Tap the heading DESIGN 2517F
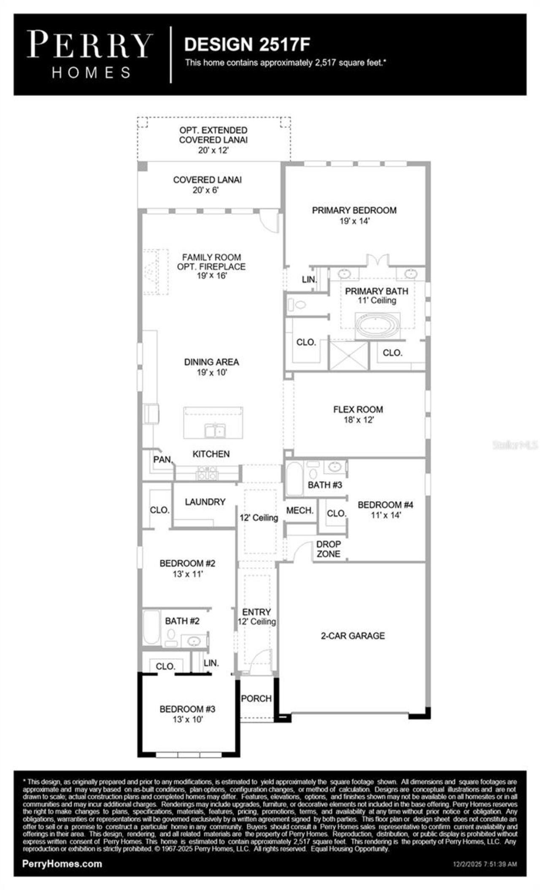click(247, 44)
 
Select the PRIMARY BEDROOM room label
click(354, 210)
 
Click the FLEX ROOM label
click(358, 409)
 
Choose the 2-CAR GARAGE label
click(353, 636)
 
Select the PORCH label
click(256, 699)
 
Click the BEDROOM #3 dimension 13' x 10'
click(188, 720)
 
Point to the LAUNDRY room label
click(205, 502)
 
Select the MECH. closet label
click(300, 510)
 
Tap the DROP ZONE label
click(328, 549)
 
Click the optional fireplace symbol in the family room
click(151, 272)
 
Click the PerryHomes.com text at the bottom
click(62, 863)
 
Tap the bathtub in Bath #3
click(294, 479)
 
